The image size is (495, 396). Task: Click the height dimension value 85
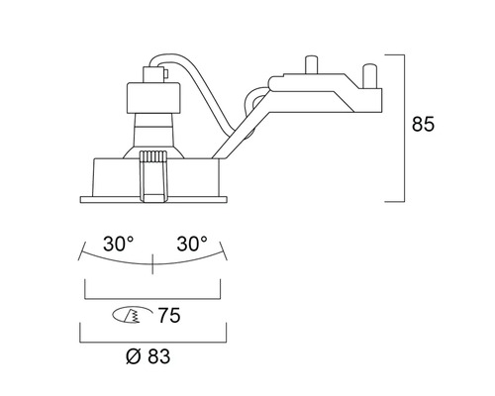pos(423,124)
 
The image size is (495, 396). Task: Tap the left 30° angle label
pos(119,244)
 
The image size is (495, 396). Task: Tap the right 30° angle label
pos(192,244)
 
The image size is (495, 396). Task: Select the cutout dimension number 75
pos(169,315)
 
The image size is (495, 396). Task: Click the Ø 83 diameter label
pos(148,356)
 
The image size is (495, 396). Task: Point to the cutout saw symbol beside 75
pos(132,316)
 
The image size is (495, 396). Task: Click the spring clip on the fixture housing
pos(153,176)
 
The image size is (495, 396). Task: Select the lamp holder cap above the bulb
pos(153,98)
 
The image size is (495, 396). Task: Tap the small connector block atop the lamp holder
pos(154,74)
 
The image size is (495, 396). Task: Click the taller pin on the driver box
pos(311,64)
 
